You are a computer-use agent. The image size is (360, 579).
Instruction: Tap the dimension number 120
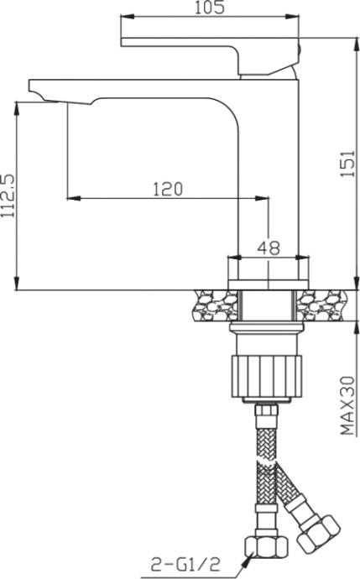(x=167, y=189)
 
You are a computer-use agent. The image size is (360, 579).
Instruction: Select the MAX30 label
(x=346, y=404)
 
